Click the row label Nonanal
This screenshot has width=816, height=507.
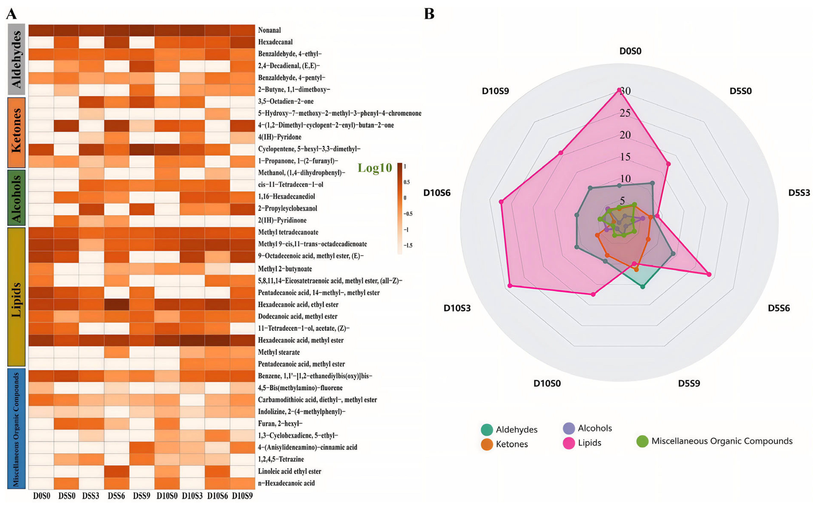click(269, 30)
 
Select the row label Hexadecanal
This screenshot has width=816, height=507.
click(275, 42)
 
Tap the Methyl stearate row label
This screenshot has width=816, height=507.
click(279, 352)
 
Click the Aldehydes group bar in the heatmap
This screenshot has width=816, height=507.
click(16, 59)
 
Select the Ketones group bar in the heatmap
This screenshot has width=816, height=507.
click(16, 132)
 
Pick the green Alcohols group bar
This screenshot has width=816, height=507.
click(16, 198)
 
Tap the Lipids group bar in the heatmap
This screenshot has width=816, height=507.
click(16, 297)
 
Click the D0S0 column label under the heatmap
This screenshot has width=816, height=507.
click(42, 496)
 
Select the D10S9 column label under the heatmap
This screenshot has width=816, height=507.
click(242, 496)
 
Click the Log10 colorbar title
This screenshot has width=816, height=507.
click(375, 168)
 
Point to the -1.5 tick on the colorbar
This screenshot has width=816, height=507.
click(408, 245)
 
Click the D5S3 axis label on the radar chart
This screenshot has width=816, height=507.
click(799, 193)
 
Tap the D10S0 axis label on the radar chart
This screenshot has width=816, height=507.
click(547, 383)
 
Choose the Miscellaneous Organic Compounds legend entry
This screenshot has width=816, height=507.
click(721, 441)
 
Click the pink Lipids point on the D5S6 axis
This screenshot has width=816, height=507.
click(709, 274)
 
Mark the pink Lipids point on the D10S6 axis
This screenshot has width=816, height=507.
click(501, 202)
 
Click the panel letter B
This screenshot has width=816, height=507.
click(429, 14)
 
